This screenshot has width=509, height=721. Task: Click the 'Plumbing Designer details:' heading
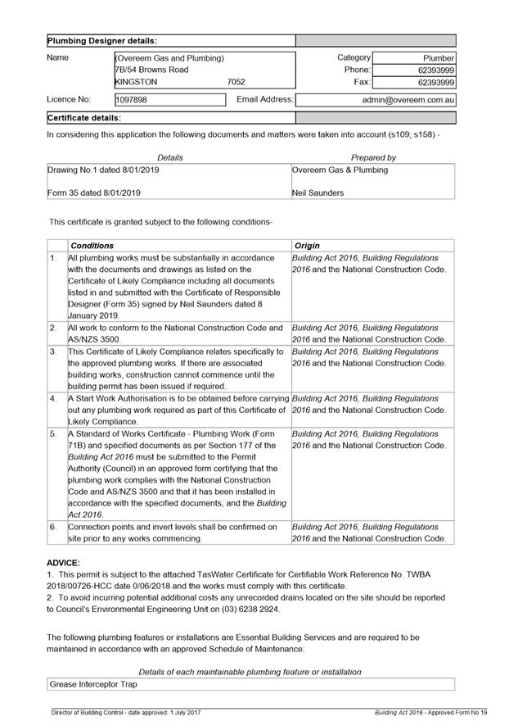tap(102, 40)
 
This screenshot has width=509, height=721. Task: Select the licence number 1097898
tap(132, 100)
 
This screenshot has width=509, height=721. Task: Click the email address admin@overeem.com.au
tap(408, 100)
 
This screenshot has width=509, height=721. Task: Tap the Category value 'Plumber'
tap(438, 58)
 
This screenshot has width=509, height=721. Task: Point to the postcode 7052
tap(236, 82)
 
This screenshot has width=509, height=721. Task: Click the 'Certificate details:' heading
tap(84, 118)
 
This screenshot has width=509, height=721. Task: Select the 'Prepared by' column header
tap(373, 157)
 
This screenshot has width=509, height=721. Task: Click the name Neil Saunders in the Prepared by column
tap(318, 193)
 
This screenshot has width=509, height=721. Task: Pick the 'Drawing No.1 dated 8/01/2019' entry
tap(104, 170)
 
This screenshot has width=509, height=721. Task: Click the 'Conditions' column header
tap(92, 246)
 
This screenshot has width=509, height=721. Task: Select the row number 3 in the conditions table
tap(53, 351)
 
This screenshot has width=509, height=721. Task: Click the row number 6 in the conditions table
tap(53, 527)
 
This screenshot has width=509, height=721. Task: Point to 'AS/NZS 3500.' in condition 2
tap(94, 339)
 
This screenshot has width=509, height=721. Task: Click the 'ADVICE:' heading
tap(63, 563)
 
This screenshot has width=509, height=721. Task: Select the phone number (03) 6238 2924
tap(254, 610)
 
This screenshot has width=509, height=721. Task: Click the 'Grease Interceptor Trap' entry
tap(93, 683)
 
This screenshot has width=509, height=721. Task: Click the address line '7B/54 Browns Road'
tap(152, 70)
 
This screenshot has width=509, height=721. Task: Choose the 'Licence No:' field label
tap(69, 100)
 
